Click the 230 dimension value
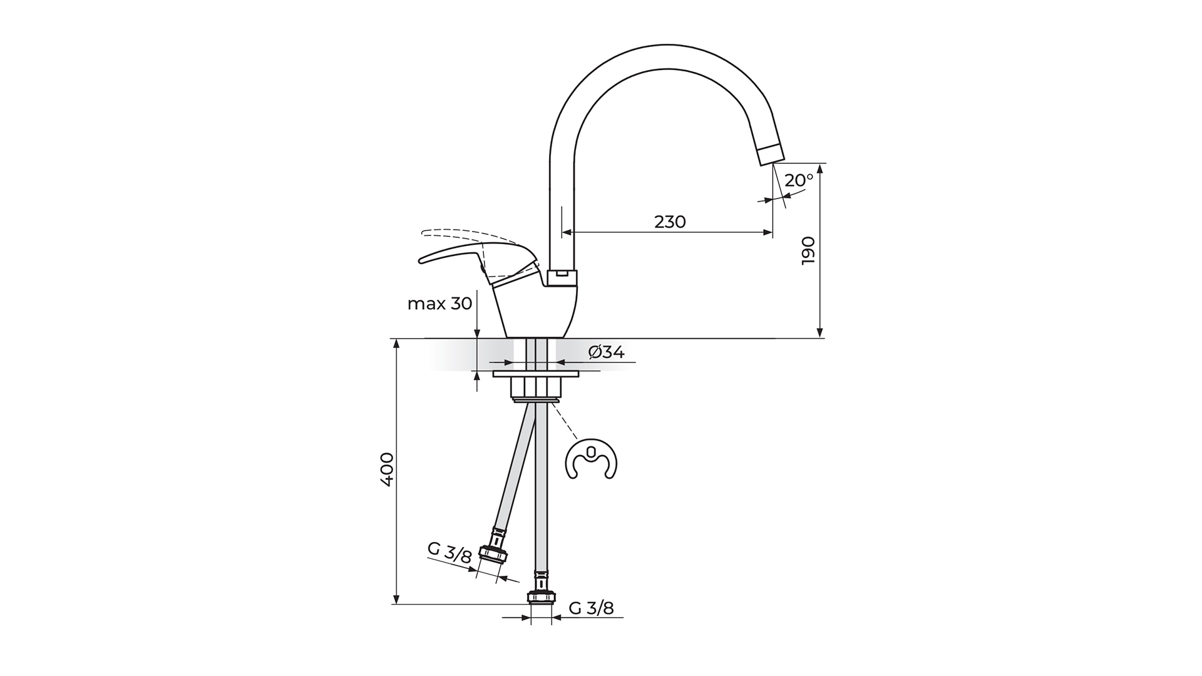tap(670, 222)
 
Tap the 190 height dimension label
tap(809, 250)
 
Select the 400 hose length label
tap(387, 469)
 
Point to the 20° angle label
tap(799, 180)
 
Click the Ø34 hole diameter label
tap(607, 352)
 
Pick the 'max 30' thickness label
tap(439, 304)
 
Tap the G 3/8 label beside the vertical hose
tap(592, 608)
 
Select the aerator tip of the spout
tap(771, 153)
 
